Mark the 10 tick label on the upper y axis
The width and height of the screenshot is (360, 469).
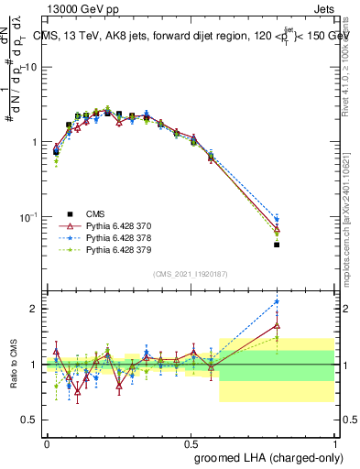(x=30, y=68)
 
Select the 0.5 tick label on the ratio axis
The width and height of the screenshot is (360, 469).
(x=32, y=420)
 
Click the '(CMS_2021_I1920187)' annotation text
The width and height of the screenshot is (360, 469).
(x=191, y=273)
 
